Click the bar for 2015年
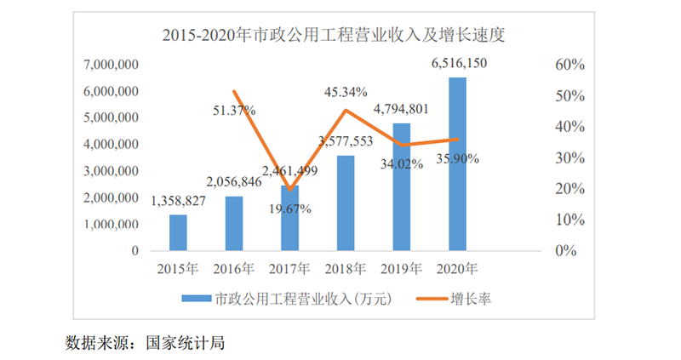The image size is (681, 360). click(178, 232)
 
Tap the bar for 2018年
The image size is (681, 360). click(346, 203)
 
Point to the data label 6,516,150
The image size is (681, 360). click(459, 63)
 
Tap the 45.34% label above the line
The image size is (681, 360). click(346, 92)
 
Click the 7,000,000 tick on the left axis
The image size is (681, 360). click(112, 65)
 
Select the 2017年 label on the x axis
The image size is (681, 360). click(289, 269)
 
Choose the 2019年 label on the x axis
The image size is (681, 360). click(401, 269)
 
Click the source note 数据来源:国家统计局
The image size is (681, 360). click(144, 343)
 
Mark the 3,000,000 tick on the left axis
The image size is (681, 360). click(112, 171)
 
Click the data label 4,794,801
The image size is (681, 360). click(401, 109)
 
